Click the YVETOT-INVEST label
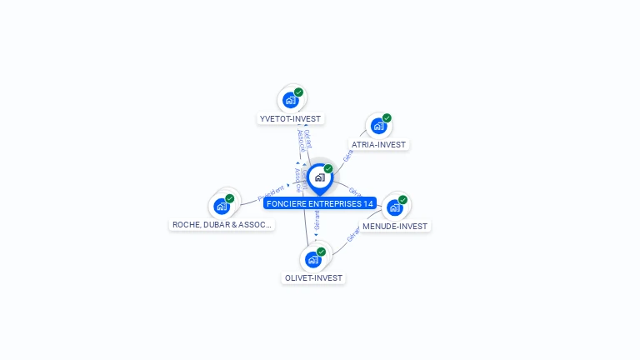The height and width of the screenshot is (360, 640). [290, 119]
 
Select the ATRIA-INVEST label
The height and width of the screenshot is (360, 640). [378, 145]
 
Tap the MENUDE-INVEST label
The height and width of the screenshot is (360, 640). [395, 227]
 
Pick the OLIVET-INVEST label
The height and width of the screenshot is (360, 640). [313, 278]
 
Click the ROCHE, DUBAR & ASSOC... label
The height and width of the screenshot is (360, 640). [222, 225]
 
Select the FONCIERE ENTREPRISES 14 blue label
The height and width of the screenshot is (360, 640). [320, 203]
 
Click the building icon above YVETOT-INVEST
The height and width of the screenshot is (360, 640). [290, 100]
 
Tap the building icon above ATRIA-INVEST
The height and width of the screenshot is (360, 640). [378, 126]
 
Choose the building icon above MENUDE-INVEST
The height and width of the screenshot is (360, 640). [394, 207]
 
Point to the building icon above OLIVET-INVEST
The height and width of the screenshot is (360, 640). [312, 259]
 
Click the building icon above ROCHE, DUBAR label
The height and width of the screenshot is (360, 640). [221, 206]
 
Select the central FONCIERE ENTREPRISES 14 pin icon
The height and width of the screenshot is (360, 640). [319, 177]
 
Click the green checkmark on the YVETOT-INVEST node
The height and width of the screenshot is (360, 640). [299, 92]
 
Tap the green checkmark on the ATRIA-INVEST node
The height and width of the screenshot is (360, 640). [387, 118]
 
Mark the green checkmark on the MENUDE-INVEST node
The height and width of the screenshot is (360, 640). [403, 200]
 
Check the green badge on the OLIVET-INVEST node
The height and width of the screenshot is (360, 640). [322, 252]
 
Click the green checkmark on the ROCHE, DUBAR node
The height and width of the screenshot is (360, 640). [230, 198]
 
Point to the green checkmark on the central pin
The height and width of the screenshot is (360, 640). [328, 169]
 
